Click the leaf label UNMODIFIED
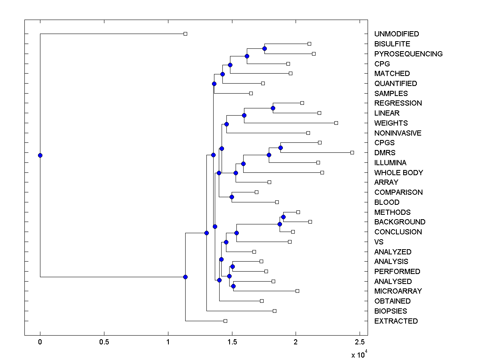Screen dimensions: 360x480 tap(396, 34)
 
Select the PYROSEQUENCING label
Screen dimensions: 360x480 tap(408, 54)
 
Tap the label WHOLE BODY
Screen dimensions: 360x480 tap(398, 173)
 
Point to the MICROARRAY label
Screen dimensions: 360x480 tap(398, 291)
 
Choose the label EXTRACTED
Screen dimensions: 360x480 tap(396, 321)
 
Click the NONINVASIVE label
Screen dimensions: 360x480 tap(398, 133)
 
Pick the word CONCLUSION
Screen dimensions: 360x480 tap(398, 232)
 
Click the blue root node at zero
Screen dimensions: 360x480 tap(40, 155)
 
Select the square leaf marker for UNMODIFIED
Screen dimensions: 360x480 tap(185, 34)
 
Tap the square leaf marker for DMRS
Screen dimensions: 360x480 tap(352, 152)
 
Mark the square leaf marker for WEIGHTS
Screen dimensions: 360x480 tap(336, 123)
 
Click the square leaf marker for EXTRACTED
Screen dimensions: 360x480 tap(225, 321)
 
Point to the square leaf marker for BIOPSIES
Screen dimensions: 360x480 tap(274, 311)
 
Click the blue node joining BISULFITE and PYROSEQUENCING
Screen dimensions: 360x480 tap(264, 48)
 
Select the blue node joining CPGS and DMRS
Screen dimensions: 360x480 tap(280, 148)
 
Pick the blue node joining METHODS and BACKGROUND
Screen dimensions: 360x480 tap(283, 217)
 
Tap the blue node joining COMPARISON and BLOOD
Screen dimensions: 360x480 tap(232, 197)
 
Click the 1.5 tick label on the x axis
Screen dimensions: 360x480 tap(232, 342)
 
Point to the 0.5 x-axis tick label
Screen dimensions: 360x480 tap(104, 342)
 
